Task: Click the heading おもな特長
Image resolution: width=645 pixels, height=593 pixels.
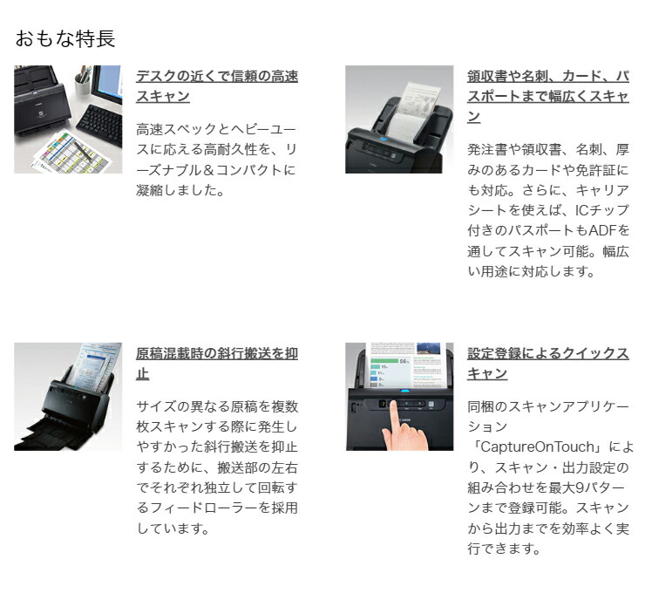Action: coord(65,38)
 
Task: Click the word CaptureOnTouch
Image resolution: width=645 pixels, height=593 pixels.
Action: coord(537,446)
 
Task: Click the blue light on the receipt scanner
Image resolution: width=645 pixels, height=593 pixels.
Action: coord(384,140)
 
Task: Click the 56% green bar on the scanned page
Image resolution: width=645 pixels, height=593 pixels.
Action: coord(384,361)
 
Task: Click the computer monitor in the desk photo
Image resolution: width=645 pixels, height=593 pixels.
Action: coord(107,83)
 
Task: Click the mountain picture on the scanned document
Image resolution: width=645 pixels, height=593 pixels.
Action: coord(427,348)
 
